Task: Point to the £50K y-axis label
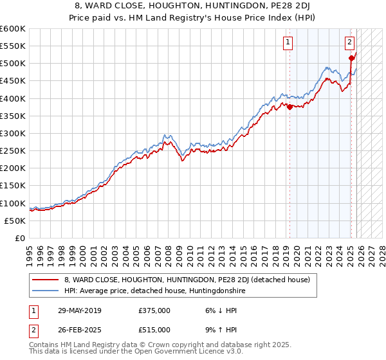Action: point(15,221)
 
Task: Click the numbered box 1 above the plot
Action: point(287,43)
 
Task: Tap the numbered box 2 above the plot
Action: point(349,43)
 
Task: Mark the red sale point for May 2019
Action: point(289,107)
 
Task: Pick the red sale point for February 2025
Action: point(351,59)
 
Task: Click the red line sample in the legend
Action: point(46,280)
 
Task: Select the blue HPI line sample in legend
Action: point(46,291)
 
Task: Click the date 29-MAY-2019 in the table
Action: point(82,310)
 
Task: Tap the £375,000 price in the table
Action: point(154,310)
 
